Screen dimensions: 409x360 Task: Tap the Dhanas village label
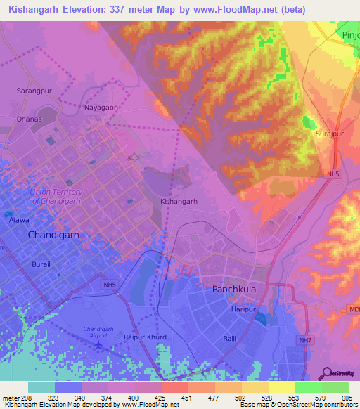[x=30, y=119]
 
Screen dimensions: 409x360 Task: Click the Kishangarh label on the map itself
[x=178, y=201]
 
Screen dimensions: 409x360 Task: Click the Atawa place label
[x=18, y=219]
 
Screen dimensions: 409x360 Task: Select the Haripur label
[x=243, y=309]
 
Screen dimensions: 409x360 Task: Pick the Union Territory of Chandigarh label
[x=57, y=196]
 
